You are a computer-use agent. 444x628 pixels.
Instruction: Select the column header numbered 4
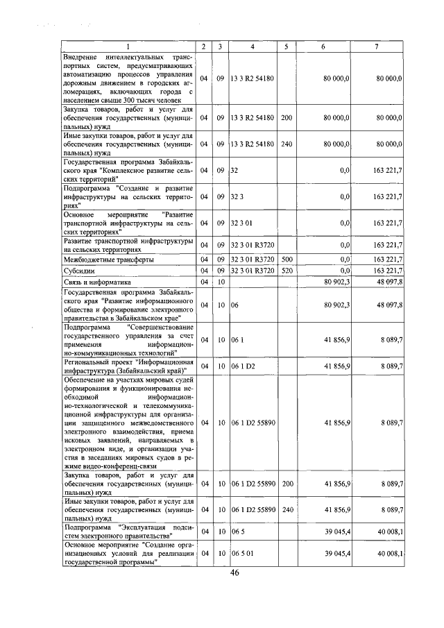pyautogui.click(x=252, y=46)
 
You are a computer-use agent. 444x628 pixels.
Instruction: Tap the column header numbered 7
pyautogui.click(x=376, y=46)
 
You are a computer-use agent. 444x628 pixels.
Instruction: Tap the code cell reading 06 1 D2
pyautogui.click(x=244, y=365)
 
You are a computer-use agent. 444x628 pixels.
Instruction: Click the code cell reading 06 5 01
pyautogui.click(x=242, y=553)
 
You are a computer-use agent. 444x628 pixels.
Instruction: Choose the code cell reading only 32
pyautogui.click(x=234, y=169)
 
